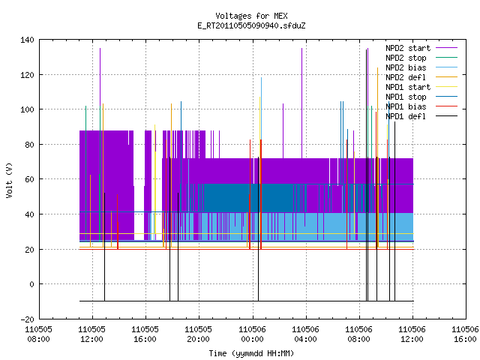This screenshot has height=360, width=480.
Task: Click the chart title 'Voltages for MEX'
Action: click(251, 16)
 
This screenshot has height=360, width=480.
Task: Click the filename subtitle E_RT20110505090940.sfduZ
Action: click(251, 25)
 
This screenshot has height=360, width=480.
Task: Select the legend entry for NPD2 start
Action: click(421, 48)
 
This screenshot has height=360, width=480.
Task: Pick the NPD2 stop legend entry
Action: click(421, 58)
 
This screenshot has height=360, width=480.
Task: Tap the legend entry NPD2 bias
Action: click(421, 67)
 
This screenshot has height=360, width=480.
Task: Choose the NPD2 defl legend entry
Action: click(421, 77)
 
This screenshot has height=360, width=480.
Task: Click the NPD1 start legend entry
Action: click(421, 87)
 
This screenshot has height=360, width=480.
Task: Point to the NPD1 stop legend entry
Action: click(421, 97)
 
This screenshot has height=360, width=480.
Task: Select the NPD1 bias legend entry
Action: click(421, 106)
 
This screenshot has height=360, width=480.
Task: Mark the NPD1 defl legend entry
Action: click(421, 116)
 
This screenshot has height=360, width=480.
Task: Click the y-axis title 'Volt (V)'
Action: click(10, 180)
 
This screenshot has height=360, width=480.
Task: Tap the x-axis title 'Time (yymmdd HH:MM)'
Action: click(251, 353)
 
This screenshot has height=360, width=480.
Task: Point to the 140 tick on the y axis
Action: click(27, 40)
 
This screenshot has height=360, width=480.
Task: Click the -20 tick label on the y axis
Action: click(27, 319)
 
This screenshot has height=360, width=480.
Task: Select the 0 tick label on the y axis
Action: click(31, 284)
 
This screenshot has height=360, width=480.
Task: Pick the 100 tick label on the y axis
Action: click(27, 109)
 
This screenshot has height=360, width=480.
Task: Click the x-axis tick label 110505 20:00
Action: click(199, 334)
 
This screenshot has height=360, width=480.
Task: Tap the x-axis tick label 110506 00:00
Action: click(253, 334)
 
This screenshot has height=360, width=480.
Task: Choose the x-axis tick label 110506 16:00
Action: click(465, 334)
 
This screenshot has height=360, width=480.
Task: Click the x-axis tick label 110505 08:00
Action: click(38, 334)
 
